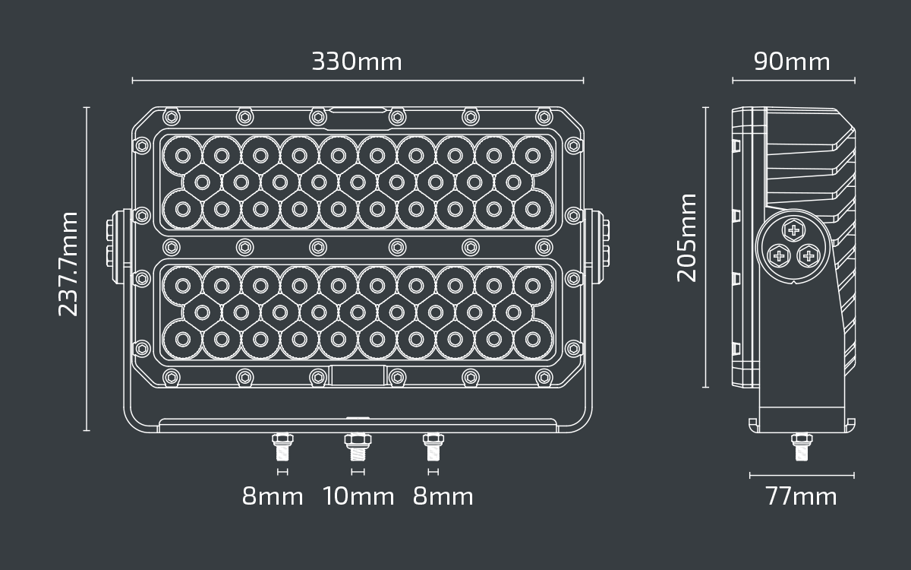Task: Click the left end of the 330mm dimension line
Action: pos(133,81)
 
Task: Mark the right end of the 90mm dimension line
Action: pos(855,81)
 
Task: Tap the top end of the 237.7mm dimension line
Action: pos(87,108)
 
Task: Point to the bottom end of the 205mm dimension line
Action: pos(705,387)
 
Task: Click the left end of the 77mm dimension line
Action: pos(750,475)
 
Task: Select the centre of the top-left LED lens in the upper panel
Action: pos(183,156)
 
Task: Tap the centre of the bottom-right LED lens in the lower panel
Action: pos(533,339)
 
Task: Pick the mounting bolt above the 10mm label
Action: pos(358,447)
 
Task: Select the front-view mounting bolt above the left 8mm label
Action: pos(282,447)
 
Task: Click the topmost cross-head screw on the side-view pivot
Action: pos(793,230)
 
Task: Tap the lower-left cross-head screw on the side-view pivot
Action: pos(779,256)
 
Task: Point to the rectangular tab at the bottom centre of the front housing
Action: pos(358,375)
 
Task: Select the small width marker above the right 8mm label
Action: pos(433,472)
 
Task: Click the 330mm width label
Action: pos(357,62)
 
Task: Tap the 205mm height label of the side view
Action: pos(686,238)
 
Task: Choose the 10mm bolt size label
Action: pos(358,497)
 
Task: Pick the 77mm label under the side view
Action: pos(801,497)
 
